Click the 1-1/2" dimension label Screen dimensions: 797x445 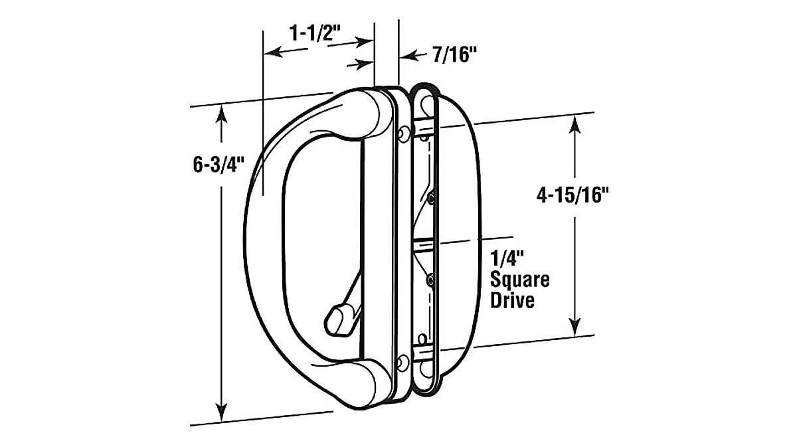point(315,34)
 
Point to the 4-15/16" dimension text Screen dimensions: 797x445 point(573,195)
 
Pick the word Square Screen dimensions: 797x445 point(520,280)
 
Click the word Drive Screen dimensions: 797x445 point(512,300)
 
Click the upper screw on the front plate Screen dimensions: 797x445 point(403,134)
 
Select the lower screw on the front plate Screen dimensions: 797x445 point(403,363)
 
